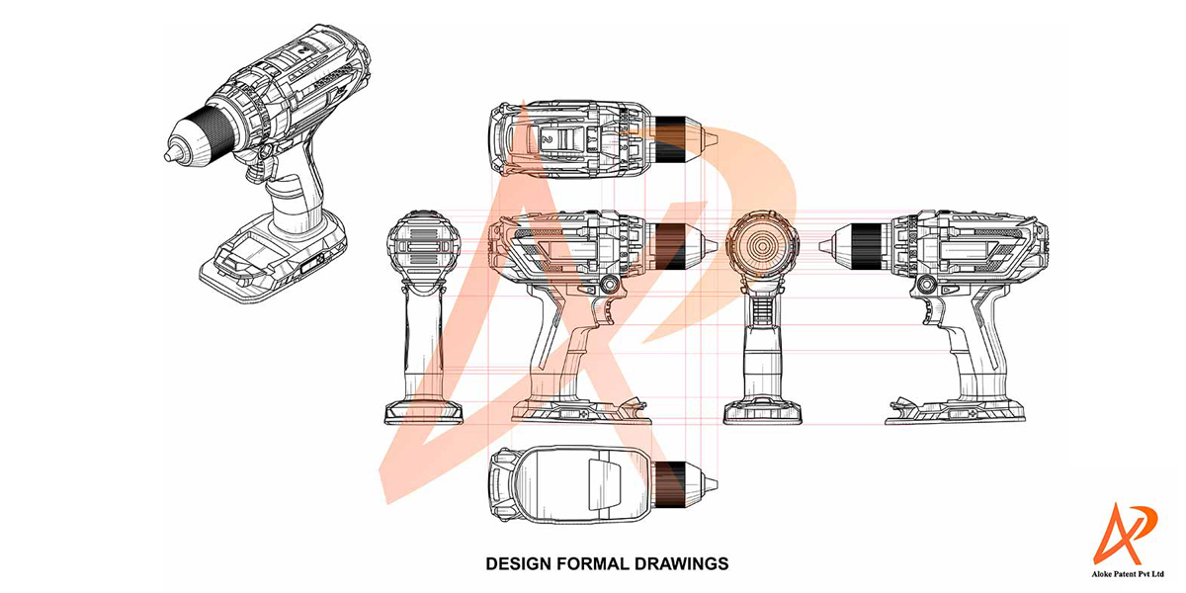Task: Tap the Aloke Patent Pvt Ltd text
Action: pyautogui.click(x=1128, y=574)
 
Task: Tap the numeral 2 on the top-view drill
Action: pyautogui.click(x=548, y=139)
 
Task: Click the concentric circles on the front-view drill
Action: pyautogui.click(x=762, y=246)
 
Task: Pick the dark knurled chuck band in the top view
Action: pyautogui.click(x=671, y=138)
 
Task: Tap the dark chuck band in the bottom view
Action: pyautogui.click(x=670, y=484)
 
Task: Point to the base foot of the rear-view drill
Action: pyautogui.click(x=424, y=413)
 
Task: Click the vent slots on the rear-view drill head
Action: pyautogui.click(x=423, y=247)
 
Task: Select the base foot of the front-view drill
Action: pyautogui.click(x=762, y=412)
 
